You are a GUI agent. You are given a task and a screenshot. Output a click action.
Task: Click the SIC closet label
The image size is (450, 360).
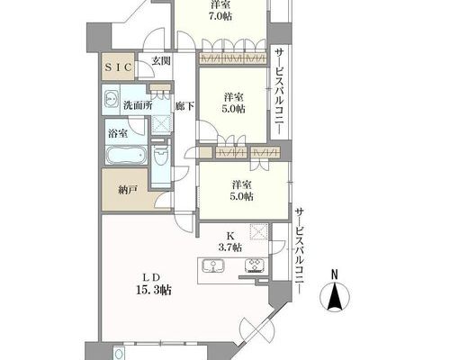coord(118,67)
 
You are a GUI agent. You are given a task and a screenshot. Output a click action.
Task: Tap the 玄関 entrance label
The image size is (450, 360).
coord(161,61)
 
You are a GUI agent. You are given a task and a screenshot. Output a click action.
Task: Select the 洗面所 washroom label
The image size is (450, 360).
coord(138,105)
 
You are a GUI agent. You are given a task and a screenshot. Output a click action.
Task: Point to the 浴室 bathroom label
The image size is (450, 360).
coord(118,133)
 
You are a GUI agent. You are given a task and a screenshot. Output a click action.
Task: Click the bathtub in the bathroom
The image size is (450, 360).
coord(127,155)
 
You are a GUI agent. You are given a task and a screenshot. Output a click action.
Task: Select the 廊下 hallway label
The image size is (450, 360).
coord(184,106)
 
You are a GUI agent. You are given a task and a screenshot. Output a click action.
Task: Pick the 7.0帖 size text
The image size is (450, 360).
coord(220,16)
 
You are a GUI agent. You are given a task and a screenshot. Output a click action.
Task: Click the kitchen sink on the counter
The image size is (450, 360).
coord(213,265)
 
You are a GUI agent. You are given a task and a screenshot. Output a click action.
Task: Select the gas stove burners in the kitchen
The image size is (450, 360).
coord(255,265)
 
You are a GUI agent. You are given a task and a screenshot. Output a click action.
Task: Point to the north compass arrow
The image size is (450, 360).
coord(335,295)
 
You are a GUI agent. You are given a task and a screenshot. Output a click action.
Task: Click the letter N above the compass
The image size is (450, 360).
coord(335,274)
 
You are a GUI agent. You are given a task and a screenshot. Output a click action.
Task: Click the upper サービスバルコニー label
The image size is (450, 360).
coord(279,92)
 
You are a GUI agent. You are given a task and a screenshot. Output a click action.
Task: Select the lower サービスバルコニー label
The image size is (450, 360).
coord(299,250)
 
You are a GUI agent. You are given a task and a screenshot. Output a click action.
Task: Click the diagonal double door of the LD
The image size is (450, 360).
coord(258,331)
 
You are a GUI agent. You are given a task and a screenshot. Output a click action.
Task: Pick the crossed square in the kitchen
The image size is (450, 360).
coord(258,232)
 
